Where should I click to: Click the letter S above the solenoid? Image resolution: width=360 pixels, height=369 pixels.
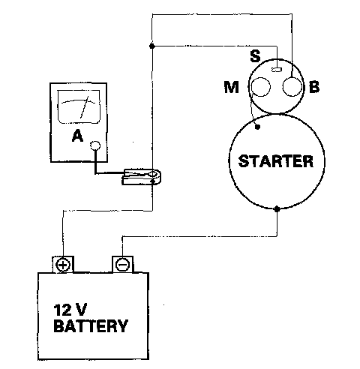255,56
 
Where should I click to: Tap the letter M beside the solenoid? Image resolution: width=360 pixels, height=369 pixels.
232,87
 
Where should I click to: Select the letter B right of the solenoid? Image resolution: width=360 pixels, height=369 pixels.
314,87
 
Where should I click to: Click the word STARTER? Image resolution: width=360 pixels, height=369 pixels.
276,161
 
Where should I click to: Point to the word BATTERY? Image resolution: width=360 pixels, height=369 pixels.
91,325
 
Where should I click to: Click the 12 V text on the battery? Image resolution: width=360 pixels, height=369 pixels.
70,310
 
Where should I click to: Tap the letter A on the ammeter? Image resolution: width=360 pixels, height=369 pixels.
77,136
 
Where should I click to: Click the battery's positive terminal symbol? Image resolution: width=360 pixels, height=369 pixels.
63,265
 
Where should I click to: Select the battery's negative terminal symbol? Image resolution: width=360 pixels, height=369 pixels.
122,265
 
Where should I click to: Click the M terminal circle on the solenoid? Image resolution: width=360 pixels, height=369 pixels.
261,87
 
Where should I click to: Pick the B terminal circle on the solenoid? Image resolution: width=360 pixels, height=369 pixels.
292,87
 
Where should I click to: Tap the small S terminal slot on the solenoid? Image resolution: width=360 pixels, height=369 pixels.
277,69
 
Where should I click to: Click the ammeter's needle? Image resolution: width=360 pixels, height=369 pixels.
84,107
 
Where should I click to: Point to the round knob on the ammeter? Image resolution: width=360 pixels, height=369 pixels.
95,145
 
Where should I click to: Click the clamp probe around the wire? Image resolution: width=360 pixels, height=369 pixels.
141,177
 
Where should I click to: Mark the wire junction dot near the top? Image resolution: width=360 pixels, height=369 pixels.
151,46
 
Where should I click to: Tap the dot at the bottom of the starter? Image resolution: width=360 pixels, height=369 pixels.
277,208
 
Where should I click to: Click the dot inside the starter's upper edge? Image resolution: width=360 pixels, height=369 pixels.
257,127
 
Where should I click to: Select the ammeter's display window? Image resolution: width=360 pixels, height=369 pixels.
79,106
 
